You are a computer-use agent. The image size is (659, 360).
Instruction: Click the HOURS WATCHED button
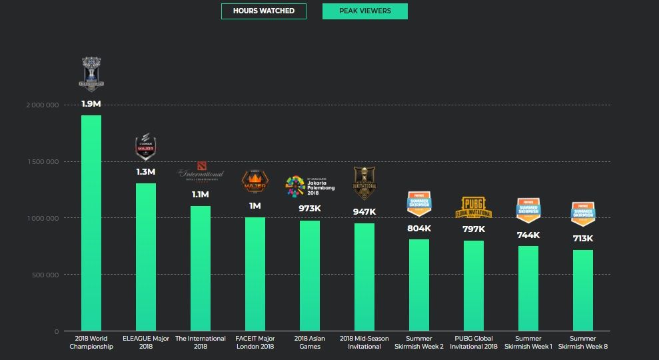263,11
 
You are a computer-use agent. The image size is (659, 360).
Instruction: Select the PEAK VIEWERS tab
364,11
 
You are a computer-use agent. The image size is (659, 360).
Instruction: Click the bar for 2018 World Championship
91,223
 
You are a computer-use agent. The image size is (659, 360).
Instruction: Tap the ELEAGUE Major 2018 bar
146,257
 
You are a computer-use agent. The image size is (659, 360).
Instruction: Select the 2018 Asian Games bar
310,276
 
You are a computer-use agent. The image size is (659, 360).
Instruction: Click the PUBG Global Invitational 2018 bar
474,286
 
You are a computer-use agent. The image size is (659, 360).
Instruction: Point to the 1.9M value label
91,104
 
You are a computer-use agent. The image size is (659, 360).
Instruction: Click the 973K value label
310,209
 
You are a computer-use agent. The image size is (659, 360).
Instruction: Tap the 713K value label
582,239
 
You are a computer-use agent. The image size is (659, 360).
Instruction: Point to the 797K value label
474,229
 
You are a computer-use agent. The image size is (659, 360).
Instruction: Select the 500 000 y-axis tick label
45,275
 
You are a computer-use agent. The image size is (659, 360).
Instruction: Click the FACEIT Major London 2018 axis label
255,343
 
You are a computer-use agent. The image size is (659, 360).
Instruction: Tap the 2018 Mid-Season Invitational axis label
364,343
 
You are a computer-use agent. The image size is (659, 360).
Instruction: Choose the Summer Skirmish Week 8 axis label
582,343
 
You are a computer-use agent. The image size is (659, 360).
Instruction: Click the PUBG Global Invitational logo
474,208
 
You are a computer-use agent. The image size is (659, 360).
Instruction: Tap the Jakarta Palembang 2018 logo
310,185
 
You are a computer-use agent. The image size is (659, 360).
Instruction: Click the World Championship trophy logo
92,73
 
